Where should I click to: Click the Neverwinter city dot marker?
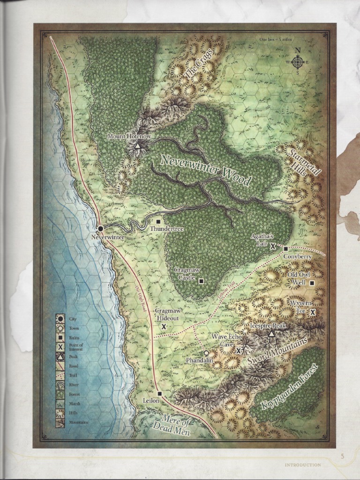[100, 229]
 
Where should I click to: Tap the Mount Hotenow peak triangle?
[137, 146]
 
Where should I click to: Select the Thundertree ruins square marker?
[158, 221]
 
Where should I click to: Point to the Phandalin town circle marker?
[206, 353]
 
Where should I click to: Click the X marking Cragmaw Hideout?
[164, 326]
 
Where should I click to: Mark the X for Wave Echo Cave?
[239, 351]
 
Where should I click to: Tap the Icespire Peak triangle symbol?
[271, 334]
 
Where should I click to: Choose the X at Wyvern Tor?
[313, 312]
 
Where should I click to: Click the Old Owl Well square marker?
[312, 283]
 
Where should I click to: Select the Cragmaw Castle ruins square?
[201, 281]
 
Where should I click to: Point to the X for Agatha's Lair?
[272, 246]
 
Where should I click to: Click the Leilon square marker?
[160, 393]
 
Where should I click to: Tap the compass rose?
[298, 62]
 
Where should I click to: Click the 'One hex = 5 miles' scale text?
[276, 39]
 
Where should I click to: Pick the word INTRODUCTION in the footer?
[303, 465]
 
